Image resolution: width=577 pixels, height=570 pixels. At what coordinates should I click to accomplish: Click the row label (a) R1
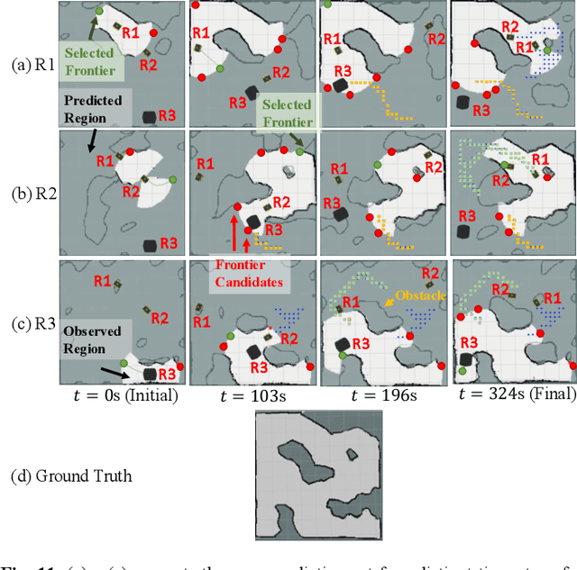tap(30, 65)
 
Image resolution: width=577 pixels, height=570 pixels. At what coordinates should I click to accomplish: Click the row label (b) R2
tap(30, 193)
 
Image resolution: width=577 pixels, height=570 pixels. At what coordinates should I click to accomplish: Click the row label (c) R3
tap(30, 321)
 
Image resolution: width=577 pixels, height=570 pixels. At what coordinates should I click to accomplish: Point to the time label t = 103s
tap(252, 395)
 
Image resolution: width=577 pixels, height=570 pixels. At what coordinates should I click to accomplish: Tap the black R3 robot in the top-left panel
tap(149, 117)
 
